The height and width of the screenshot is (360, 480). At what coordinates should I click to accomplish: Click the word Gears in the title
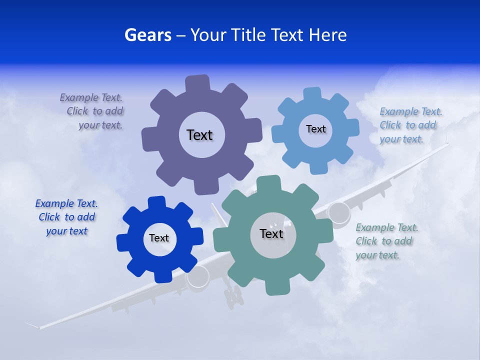click(147, 35)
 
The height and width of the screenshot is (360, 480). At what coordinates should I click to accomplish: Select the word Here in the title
click(328, 35)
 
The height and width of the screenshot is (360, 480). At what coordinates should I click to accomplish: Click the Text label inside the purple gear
click(199, 135)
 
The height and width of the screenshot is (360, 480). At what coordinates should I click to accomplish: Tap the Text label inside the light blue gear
click(315, 129)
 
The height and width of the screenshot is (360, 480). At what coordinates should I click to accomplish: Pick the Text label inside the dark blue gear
click(159, 238)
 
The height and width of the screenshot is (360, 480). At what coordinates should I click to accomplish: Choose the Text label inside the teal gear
click(271, 234)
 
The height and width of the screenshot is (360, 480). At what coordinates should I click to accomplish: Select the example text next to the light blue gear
click(409, 125)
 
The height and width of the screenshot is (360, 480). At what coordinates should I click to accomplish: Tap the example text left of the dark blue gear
click(66, 217)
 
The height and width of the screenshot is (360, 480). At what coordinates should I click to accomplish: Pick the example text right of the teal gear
click(385, 241)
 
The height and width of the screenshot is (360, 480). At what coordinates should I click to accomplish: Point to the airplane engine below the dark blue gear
click(198, 277)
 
